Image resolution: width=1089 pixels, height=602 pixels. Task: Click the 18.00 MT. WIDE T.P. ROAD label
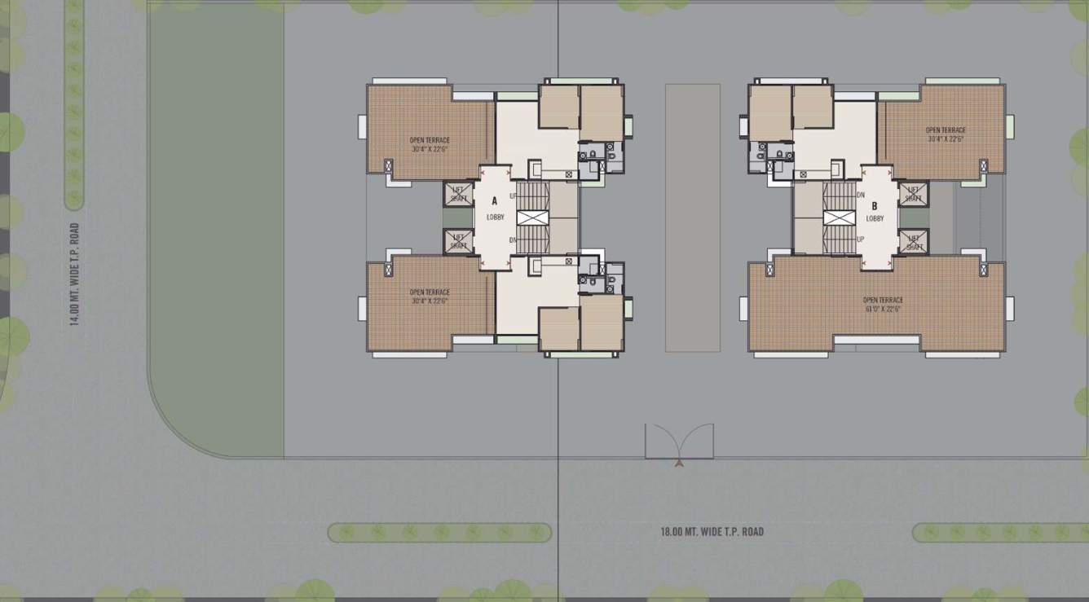tap(712, 532)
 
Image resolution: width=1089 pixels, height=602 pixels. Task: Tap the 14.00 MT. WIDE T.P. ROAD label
tap(74, 275)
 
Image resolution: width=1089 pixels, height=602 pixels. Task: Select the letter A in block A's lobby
tap(495, 200)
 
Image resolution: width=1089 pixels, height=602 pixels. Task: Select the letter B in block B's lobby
tap(874, 206)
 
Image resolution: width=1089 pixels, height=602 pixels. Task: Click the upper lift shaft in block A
tap(458, 194)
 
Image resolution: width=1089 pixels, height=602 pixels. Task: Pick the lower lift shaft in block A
tap(458, 241)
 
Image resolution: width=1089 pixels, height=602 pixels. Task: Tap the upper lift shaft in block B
tap(913, 194)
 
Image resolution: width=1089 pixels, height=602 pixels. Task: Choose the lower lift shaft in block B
tap(913, 241)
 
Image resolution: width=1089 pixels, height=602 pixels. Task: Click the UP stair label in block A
tap(513, 197)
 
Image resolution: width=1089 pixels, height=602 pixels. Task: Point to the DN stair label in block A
tap(513, 239)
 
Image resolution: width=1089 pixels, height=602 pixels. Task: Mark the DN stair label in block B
tap(861, 196)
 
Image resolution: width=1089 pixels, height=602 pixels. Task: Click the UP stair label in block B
tap(861, 239)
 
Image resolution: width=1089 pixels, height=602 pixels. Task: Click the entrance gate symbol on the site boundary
tap(679, 442)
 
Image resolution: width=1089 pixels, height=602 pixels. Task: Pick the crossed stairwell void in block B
tap(839, 218)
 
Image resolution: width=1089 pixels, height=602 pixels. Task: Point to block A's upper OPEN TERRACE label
tap(430, 140)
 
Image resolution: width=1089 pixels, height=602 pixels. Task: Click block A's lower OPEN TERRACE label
tap(430, 292)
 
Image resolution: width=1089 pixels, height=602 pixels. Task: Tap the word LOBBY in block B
tap(875, 218)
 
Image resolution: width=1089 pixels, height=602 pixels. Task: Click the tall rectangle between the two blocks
tap(692, 218)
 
